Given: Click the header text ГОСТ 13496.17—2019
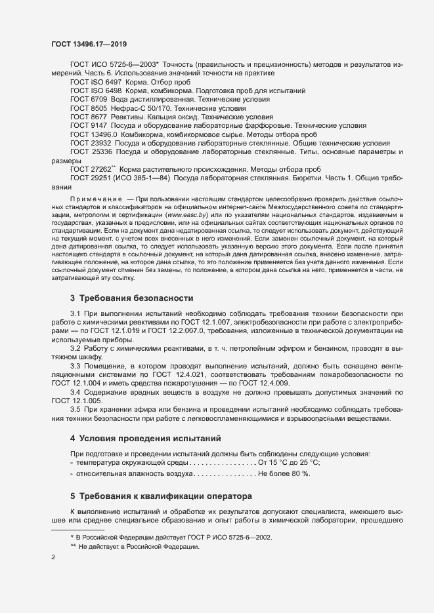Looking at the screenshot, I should (90, 43).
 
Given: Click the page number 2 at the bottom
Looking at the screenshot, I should (54, 557).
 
